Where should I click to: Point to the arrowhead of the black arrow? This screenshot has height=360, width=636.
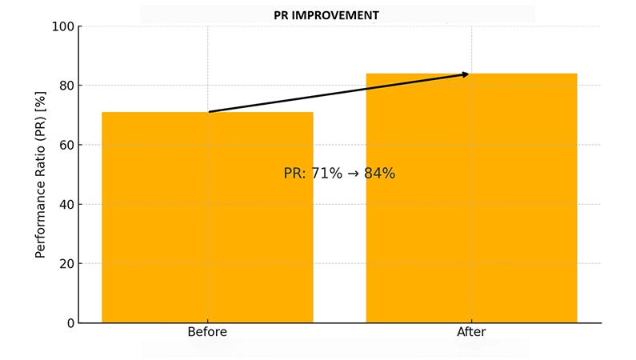(x=466, y=74)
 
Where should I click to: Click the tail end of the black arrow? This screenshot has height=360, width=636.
(x=209, y=111)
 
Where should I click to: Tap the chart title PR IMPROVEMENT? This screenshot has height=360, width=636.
(x=337, y=15)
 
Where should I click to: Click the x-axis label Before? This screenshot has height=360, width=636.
(x=207, y=332)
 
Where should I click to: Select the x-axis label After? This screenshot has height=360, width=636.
(x=471, y=332)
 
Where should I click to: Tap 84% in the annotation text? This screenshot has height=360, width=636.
(x=379, y=174)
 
